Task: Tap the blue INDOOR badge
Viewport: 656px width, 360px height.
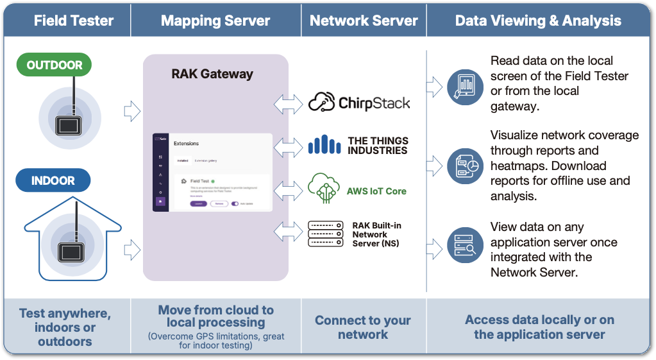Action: point(53,181)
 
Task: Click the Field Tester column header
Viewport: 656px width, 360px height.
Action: point(73,21)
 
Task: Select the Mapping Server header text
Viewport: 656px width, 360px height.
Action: point(215,21)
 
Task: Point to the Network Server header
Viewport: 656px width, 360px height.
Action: point(364,21)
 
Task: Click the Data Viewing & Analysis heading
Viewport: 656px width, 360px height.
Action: point(538,21)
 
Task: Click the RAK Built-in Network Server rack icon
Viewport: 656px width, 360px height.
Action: point(325,234)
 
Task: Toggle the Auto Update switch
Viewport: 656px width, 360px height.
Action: point(235,203)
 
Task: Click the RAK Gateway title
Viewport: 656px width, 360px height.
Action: point(212,74)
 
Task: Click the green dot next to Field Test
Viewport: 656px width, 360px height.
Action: point(213,182)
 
